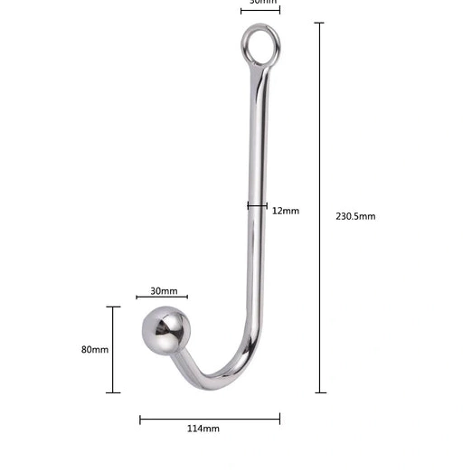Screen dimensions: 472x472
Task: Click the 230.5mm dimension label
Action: (x=355, y=216)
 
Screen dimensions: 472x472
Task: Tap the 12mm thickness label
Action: (x=285, y=211)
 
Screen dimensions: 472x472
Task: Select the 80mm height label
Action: (x=94, y=349)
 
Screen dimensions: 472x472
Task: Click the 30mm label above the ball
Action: (x=163, y=291)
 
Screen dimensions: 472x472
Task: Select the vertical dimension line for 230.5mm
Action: (x=320, y=208)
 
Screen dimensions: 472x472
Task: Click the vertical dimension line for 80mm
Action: (x=113, y=349)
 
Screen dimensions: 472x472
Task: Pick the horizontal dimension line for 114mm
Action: (x=210, y=418)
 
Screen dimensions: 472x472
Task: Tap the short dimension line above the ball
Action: (x=162, y=297)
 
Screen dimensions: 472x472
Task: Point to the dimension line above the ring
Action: (x=260, y=10)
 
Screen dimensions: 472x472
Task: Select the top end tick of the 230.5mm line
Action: (x=320, y=24)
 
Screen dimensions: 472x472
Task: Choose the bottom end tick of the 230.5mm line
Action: (x=320, y=392)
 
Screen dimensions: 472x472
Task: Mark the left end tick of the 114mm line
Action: (x=140, y=418)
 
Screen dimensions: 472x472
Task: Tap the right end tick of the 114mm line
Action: (x=280, y=418)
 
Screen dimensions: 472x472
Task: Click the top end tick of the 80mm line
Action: (x=113, y=307)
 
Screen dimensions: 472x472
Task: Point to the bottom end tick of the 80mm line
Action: (x=113, y=392)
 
